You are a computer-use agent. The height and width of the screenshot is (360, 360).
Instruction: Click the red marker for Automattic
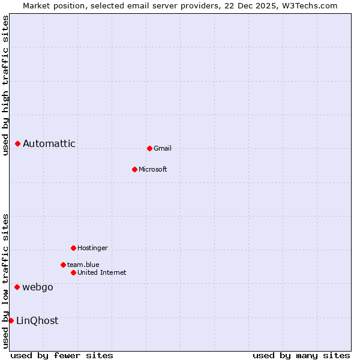tap(18, 143)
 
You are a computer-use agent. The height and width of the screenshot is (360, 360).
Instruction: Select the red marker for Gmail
tap(149, 148)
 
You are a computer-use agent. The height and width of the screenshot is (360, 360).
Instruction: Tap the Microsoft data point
tap(134, 169)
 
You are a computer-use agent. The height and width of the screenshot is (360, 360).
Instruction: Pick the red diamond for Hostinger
tap(73, 248)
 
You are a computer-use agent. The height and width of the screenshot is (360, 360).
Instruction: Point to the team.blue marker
tap(63, 265)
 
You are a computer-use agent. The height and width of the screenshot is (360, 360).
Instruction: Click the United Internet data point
tap(73, 272)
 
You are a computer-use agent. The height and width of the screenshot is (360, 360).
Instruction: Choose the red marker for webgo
tap(17, 287)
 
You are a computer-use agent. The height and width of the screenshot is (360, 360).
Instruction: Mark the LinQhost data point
tap(11, 320)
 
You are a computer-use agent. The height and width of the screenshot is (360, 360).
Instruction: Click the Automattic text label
tap(49, 143)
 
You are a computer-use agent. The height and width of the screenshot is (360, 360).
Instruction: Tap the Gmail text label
tap(163, 148)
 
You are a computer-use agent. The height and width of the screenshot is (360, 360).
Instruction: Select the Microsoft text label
tap(153, 169)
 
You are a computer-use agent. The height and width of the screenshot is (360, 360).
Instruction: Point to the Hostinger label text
tap(92, 248)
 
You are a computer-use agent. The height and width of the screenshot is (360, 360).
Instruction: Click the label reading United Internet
tap(102, 272)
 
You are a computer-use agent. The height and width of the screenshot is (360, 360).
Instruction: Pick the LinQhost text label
tap(37, 320)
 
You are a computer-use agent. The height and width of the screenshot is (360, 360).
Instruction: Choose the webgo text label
tap(38, 287)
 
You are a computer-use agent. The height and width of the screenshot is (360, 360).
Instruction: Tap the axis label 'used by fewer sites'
tap(62, 355)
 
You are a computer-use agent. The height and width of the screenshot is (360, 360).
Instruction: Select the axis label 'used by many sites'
tap(301, 355)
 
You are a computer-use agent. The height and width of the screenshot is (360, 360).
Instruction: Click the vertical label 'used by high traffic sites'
tap(5, 85)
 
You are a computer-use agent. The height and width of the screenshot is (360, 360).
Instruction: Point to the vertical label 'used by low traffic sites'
tap(5, 281)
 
